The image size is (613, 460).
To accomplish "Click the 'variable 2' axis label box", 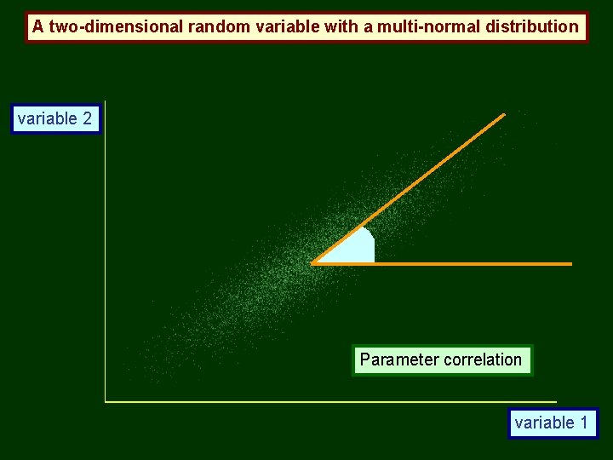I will point(55,118).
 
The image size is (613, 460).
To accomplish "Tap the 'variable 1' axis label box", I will point(552,423).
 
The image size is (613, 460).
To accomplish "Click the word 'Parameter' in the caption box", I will point(393,359).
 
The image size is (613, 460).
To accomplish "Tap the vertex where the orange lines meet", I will point(313,264).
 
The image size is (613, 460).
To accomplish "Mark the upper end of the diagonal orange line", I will point(504,114).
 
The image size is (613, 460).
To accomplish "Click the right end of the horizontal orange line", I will point(570,264).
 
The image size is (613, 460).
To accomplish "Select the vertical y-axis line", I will point(105,256).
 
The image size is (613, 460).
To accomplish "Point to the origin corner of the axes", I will point(106,400).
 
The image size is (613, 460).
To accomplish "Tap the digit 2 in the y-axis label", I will point(87,118).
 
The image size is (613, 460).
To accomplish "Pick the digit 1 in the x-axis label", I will point(583,423).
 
